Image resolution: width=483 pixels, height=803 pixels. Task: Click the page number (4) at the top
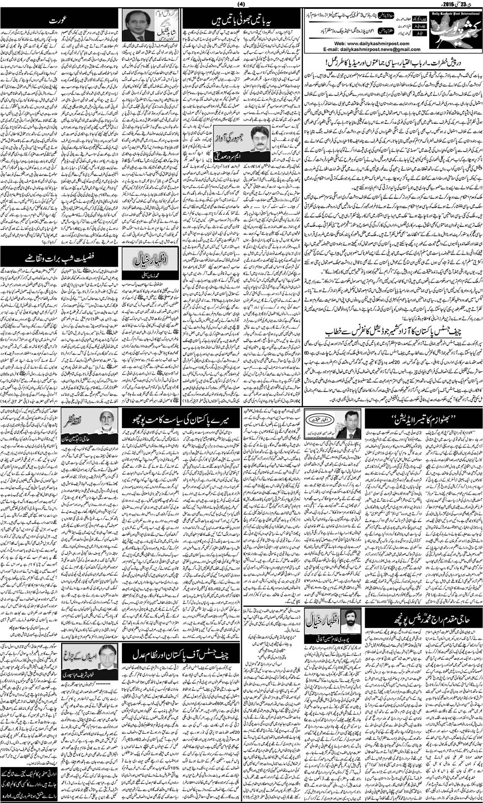coord(241,5)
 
